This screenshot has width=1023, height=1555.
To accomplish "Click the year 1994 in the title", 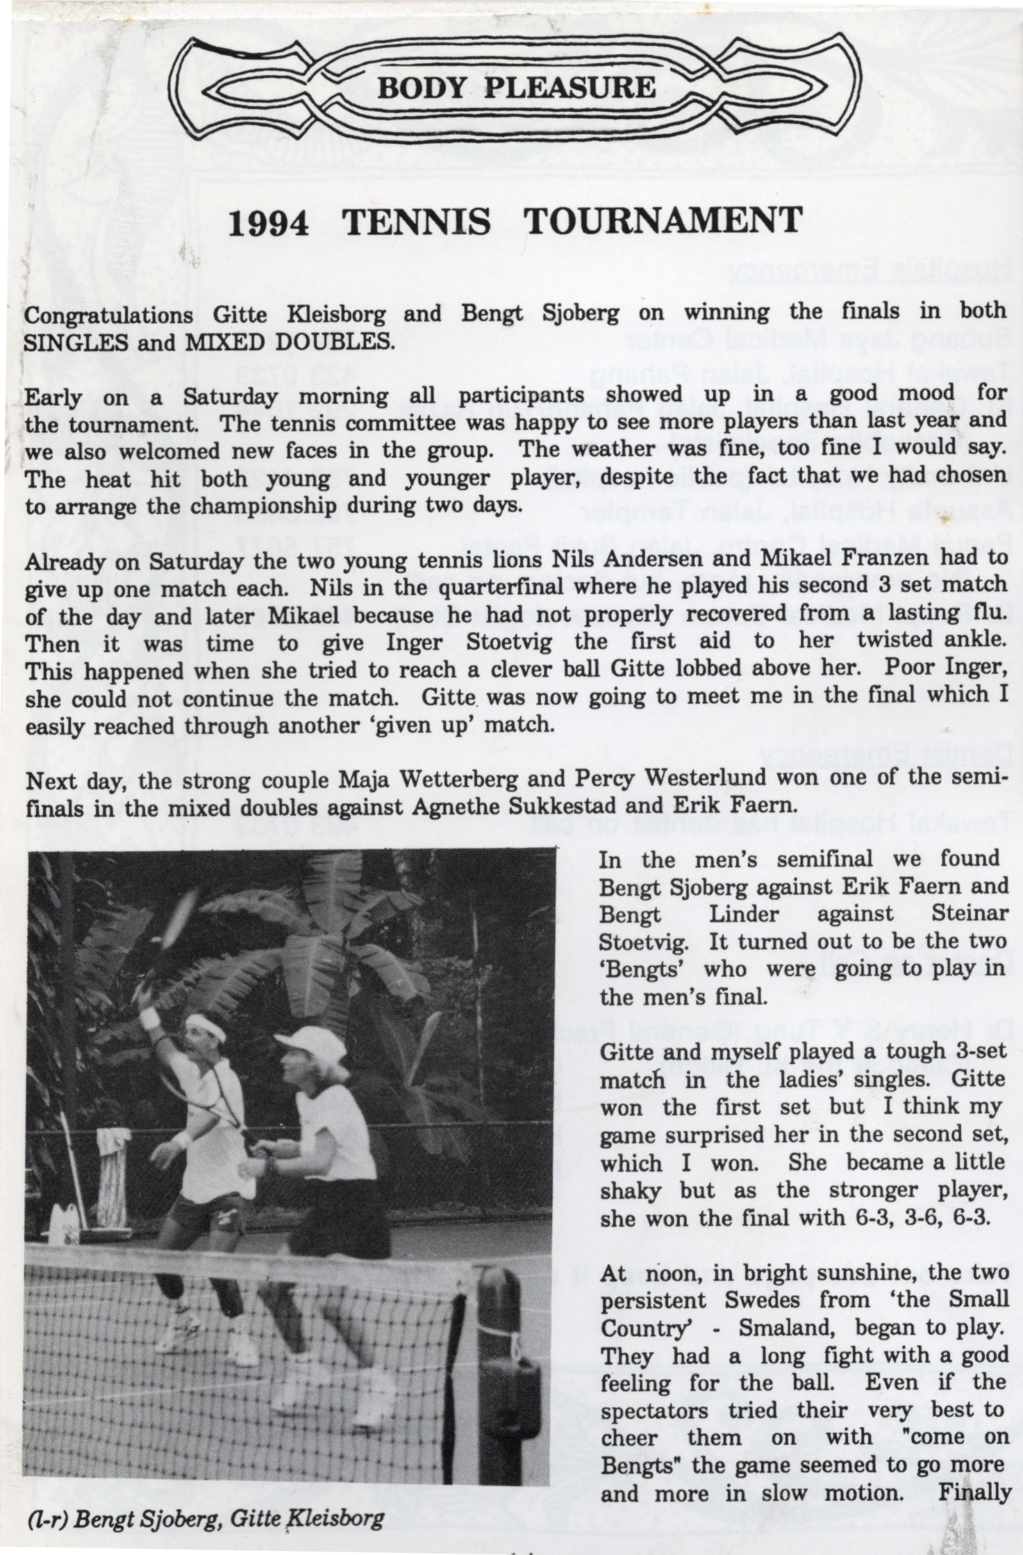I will [x=268, y=222].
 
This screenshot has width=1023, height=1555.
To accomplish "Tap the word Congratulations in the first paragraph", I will [x=108, y=315].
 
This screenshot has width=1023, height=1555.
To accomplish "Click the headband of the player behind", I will [x=206, y=1030].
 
